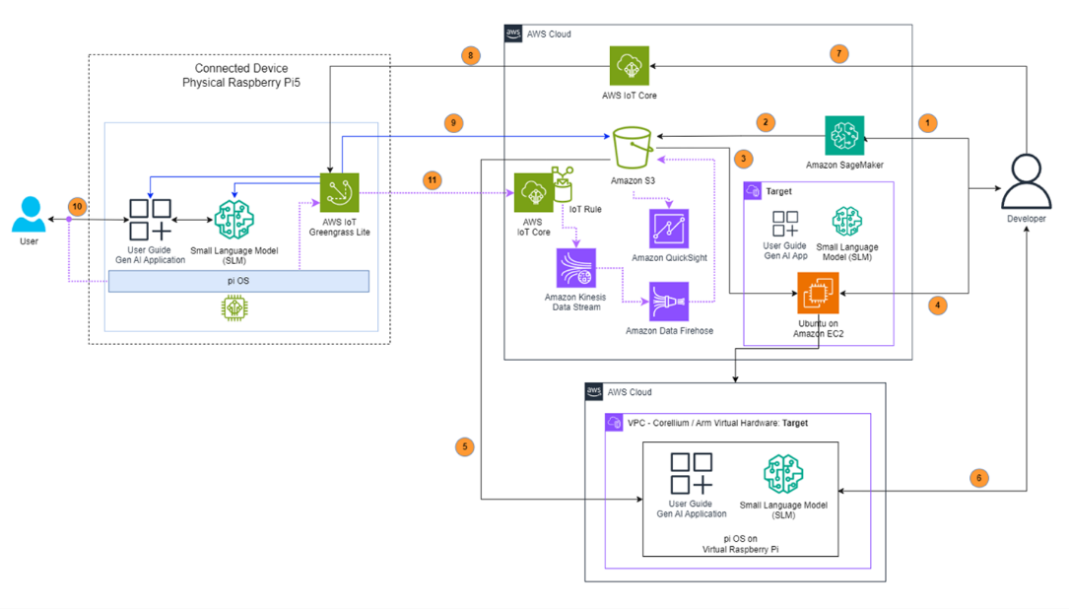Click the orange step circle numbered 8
472,56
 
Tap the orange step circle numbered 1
926,123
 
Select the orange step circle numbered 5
464,446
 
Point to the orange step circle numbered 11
431,180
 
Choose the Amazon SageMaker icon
844,135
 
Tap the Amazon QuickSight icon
669,229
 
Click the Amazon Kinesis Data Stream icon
573,269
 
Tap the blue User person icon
29,213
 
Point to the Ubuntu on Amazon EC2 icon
817,293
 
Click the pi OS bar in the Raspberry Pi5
238,281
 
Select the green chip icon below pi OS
234,309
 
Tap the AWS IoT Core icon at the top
629,66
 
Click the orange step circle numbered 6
977,477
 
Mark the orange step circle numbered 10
78,205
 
